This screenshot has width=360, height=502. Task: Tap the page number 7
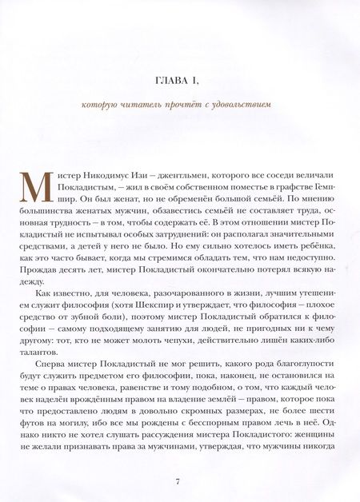tap(179, 481)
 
